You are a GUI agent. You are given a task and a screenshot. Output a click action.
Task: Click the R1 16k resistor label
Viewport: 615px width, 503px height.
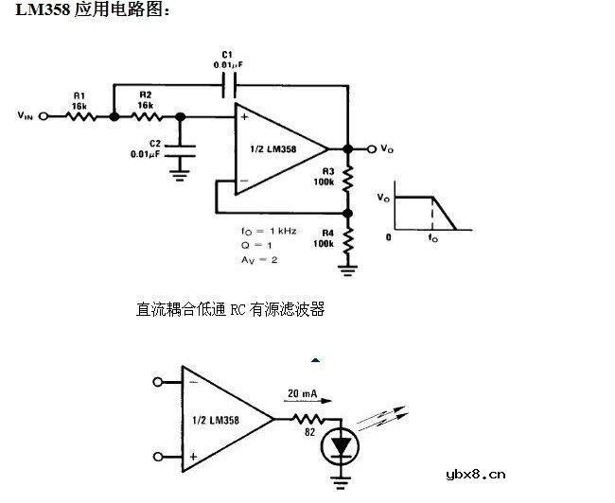[x=79, y=101]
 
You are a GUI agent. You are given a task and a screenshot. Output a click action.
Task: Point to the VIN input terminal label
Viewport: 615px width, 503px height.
[x=26, y=117]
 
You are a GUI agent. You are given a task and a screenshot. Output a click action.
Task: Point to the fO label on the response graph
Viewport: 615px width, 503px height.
[x=433, y=239]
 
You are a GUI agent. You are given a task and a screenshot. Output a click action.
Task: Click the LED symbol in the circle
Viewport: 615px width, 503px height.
[x=339, y=444]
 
